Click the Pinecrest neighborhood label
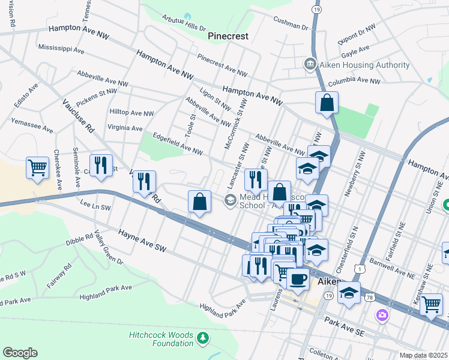click(228, 36)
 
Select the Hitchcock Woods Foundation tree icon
click(203, 338)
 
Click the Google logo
click(20, 353)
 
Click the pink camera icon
click(382, 314)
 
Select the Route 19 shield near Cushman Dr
click(316, 9)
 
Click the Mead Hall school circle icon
click(230, 200)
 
